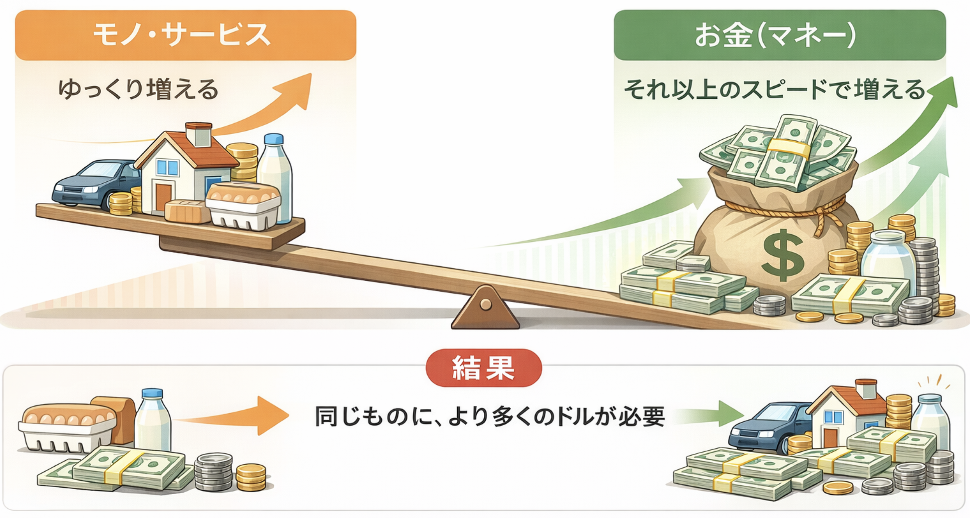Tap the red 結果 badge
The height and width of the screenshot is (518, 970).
[483, 368]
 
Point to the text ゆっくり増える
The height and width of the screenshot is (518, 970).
[138, 89]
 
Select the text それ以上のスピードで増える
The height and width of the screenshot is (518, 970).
[775, 90]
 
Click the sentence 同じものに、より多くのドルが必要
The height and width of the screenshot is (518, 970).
[490, 417]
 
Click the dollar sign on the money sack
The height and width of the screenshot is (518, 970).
[782, 255]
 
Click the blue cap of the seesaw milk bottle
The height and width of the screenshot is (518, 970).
[274, 139]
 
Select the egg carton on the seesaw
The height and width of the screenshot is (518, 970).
[243, 206]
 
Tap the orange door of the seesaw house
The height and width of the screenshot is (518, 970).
[163, 197]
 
